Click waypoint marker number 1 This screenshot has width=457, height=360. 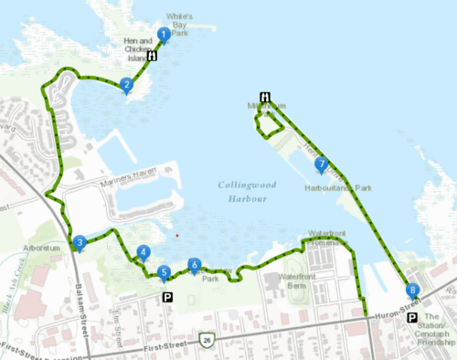[164, 35]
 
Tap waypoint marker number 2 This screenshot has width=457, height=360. [127, 85]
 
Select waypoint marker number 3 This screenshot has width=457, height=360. [80, 242]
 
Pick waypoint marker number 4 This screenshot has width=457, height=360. [143, 252]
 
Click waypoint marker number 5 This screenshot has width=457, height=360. [164, 271]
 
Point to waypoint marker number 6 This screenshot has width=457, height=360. [194, 265]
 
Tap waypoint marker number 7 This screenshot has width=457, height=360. [321, 164]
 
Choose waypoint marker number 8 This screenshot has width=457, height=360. [413, 291]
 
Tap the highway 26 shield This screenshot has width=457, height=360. [209, 340]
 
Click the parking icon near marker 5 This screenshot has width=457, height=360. [167, 297]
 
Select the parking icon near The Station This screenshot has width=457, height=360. [413, 318]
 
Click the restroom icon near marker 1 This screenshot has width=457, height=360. [152, 56]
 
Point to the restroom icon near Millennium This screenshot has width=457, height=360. [265, 97]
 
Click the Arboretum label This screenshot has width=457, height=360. [42, 248]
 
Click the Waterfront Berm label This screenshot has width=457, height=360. [303, 276]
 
